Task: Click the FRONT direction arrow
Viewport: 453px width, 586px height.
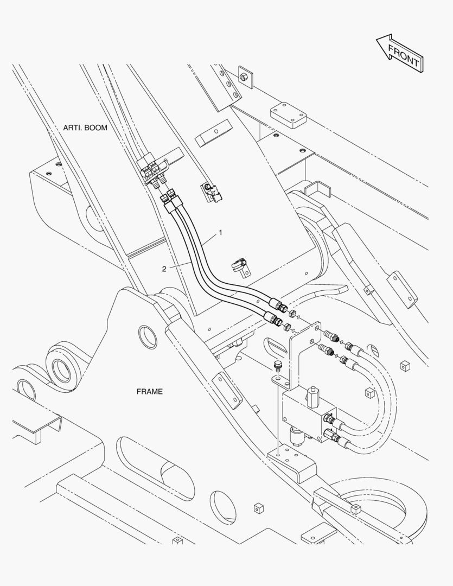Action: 399,53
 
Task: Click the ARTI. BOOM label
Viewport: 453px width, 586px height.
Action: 85,128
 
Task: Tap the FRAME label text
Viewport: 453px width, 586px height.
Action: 150,392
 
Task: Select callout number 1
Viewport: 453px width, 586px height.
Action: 220,232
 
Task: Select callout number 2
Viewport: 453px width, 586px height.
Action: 164,269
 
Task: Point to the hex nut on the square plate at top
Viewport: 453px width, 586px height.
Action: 243,77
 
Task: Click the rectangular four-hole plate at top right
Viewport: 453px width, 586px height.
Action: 288,115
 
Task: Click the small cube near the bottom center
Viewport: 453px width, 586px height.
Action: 258,508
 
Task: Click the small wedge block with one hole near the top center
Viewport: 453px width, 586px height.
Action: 213,133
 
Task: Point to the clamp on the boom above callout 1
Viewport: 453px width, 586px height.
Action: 212,192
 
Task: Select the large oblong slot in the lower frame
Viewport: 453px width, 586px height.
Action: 155,468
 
